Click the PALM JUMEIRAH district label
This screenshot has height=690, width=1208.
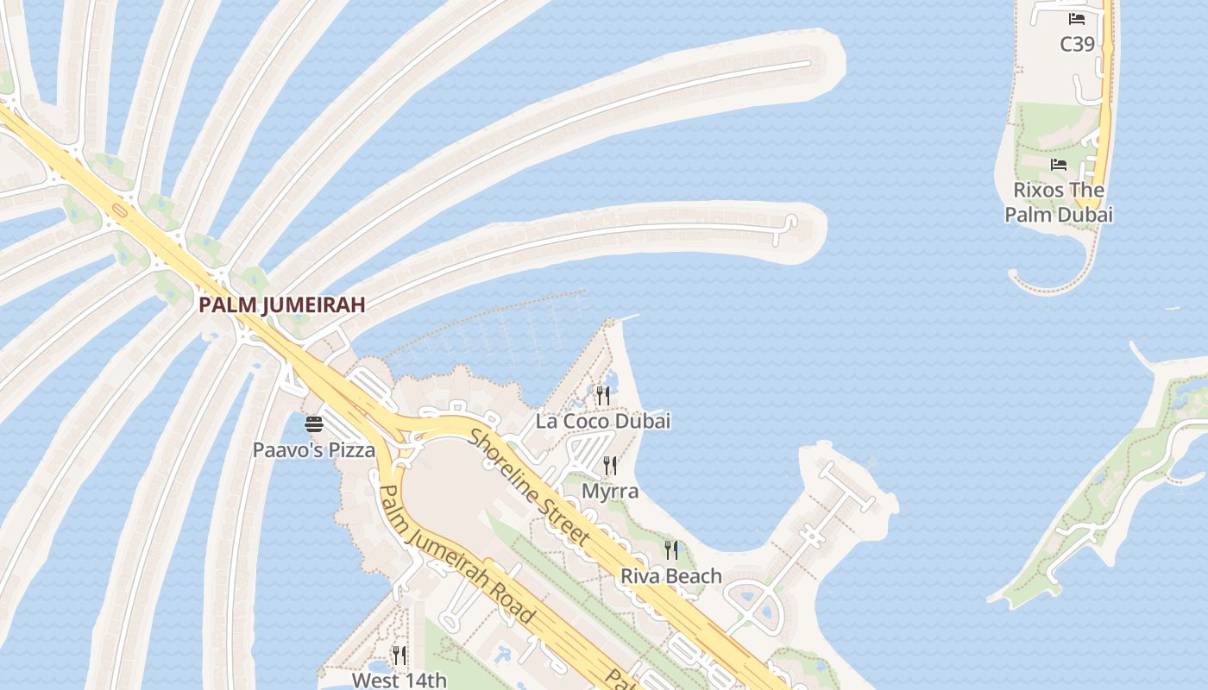coord(282,304)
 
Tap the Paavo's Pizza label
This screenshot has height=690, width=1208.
coord(314,449)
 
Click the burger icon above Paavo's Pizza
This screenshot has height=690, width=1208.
coord(313,423)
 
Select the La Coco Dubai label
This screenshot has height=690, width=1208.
coord(602,422)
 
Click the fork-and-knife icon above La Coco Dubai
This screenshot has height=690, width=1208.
coord(603,396)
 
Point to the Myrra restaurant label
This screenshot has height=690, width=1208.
coord(610,491)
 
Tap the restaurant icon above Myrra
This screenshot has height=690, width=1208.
coord(610,466)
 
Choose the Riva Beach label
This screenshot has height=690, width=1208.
coord(670,575)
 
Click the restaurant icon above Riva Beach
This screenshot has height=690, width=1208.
coord(670,549)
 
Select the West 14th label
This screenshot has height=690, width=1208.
coord(399,680)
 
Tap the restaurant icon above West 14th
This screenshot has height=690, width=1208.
coord(399,655)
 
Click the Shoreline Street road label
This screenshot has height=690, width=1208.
coord(530,487)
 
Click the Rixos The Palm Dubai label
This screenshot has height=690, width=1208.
coord(1059,202)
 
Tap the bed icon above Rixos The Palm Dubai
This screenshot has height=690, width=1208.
coord(1059,165)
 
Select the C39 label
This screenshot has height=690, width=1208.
coord(1077,44)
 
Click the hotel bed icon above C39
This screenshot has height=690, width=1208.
coord(1077,18)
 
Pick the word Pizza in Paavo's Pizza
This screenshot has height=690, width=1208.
coord(352,449)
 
